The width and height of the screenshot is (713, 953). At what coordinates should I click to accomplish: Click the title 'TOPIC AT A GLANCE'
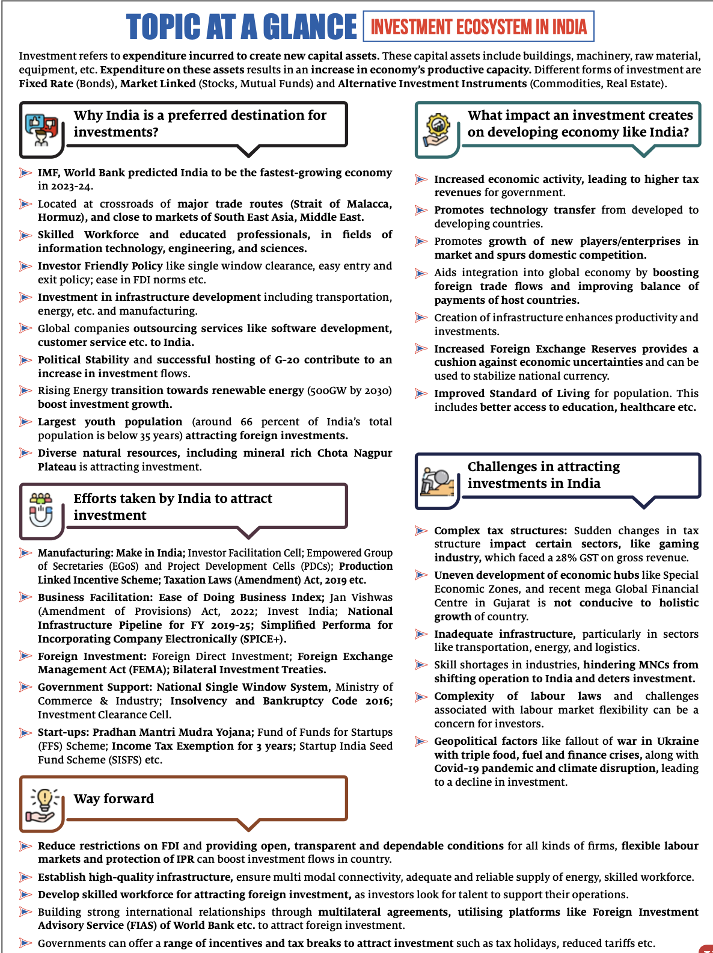coord(241,27)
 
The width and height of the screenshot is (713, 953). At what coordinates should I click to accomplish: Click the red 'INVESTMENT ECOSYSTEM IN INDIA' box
coord(479,26)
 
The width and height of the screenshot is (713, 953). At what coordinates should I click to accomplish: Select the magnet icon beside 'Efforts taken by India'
coord(41,510)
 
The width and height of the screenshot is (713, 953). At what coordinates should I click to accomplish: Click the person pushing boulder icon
coord(437,481)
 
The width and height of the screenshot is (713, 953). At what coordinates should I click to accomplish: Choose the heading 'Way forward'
coord(114,799)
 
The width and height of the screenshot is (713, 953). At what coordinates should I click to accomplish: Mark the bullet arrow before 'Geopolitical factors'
coord(421,741)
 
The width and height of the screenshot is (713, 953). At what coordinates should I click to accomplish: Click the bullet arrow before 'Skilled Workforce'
coord(25,235)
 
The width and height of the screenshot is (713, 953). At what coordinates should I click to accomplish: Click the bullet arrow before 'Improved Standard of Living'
coord(421,393)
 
